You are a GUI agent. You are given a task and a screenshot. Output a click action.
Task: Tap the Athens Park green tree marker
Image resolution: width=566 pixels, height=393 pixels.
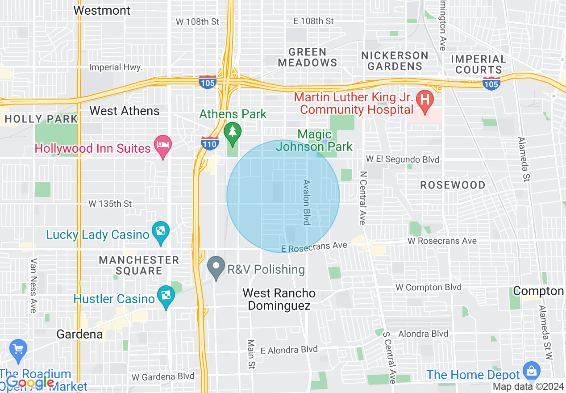pyautogui.click(x=232, y=131)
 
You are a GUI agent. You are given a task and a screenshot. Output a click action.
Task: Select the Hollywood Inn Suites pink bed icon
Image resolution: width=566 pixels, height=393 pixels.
pyautogui.click(x=163, y=144)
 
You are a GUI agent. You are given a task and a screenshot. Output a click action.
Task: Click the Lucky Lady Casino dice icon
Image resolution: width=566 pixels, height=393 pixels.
pyautogui.click(x=160, y=231)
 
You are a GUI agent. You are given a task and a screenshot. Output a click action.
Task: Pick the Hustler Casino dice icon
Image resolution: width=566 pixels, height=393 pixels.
pyautogui.click(x=166, y=295)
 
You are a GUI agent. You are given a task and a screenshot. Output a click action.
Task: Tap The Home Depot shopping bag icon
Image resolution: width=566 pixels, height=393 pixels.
pyautogui.click(x=531, y=370)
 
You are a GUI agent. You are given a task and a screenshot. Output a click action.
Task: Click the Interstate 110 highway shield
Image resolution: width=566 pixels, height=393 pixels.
pyautogui.click(x=209, y=143)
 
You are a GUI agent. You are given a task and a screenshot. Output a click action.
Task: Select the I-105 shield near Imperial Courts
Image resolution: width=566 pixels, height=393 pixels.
pyautogui.click(x=491, y=83)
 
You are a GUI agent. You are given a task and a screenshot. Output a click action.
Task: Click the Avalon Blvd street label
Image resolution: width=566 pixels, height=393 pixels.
pyautogui.click(x=307, y=202)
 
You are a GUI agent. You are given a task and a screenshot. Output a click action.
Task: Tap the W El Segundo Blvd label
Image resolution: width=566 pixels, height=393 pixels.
pyautogui.click(x=402, y=159)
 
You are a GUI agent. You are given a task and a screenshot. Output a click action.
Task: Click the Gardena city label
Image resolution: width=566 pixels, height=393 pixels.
pyautogui.click(x=79, y=334)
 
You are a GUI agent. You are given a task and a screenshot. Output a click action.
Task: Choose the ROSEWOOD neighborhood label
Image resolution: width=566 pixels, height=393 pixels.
pyautogui.click(x=453, y=185)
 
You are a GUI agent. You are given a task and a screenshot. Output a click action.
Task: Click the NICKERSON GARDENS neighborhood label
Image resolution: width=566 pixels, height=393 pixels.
pyautogui.click(x=395, y=61)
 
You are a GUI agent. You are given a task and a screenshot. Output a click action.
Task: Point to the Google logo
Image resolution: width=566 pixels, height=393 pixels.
pyautogui.click(x=30, y=382)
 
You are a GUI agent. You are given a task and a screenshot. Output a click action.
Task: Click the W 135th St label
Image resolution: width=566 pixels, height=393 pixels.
pyautogui.click(x=110, y=204)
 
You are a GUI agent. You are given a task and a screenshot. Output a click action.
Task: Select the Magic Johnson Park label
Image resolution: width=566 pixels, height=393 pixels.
pyautogui.click(x=315, y=140)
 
